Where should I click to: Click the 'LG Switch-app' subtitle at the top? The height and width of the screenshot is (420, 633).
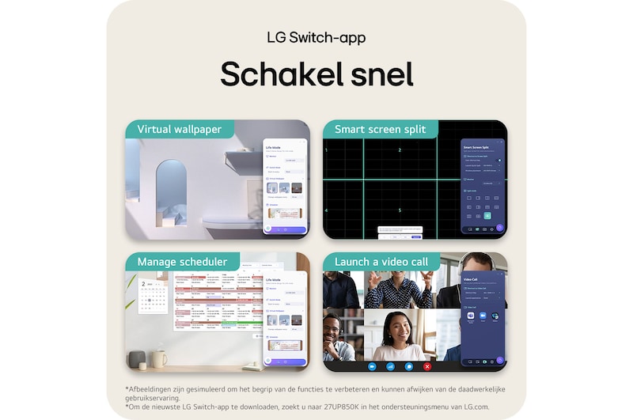pyautogui.click(x=316, y=38)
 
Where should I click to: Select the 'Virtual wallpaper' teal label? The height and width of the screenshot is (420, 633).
pyautogui.click(x=179, y=129)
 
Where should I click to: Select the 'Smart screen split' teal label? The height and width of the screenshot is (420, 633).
pyautogui.click(x=380, y=129)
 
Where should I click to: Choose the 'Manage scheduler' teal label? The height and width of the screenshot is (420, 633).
pyautogui.click(x=182, y=262)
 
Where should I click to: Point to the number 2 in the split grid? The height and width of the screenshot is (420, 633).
pyautogui.click(x=400, y=149)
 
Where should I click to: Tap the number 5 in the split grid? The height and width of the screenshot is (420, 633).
pyautogui.click(x=400, y=210)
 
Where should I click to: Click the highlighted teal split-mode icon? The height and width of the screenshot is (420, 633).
pyautogui.click(x=487, y=215)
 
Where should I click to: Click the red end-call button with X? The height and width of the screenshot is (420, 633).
pyautogui.click(x=427, y=366)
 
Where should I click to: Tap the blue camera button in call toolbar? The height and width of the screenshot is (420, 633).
pyautogui.click(x=371, y=366)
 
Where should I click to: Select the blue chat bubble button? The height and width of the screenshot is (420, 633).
pyautogui.click(x=409, y=366)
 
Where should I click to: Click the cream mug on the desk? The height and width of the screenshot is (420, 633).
pyautogui.click(x=160, y=359)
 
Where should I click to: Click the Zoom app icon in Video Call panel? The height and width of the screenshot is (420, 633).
pyautogui.click(x=483, y=316)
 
